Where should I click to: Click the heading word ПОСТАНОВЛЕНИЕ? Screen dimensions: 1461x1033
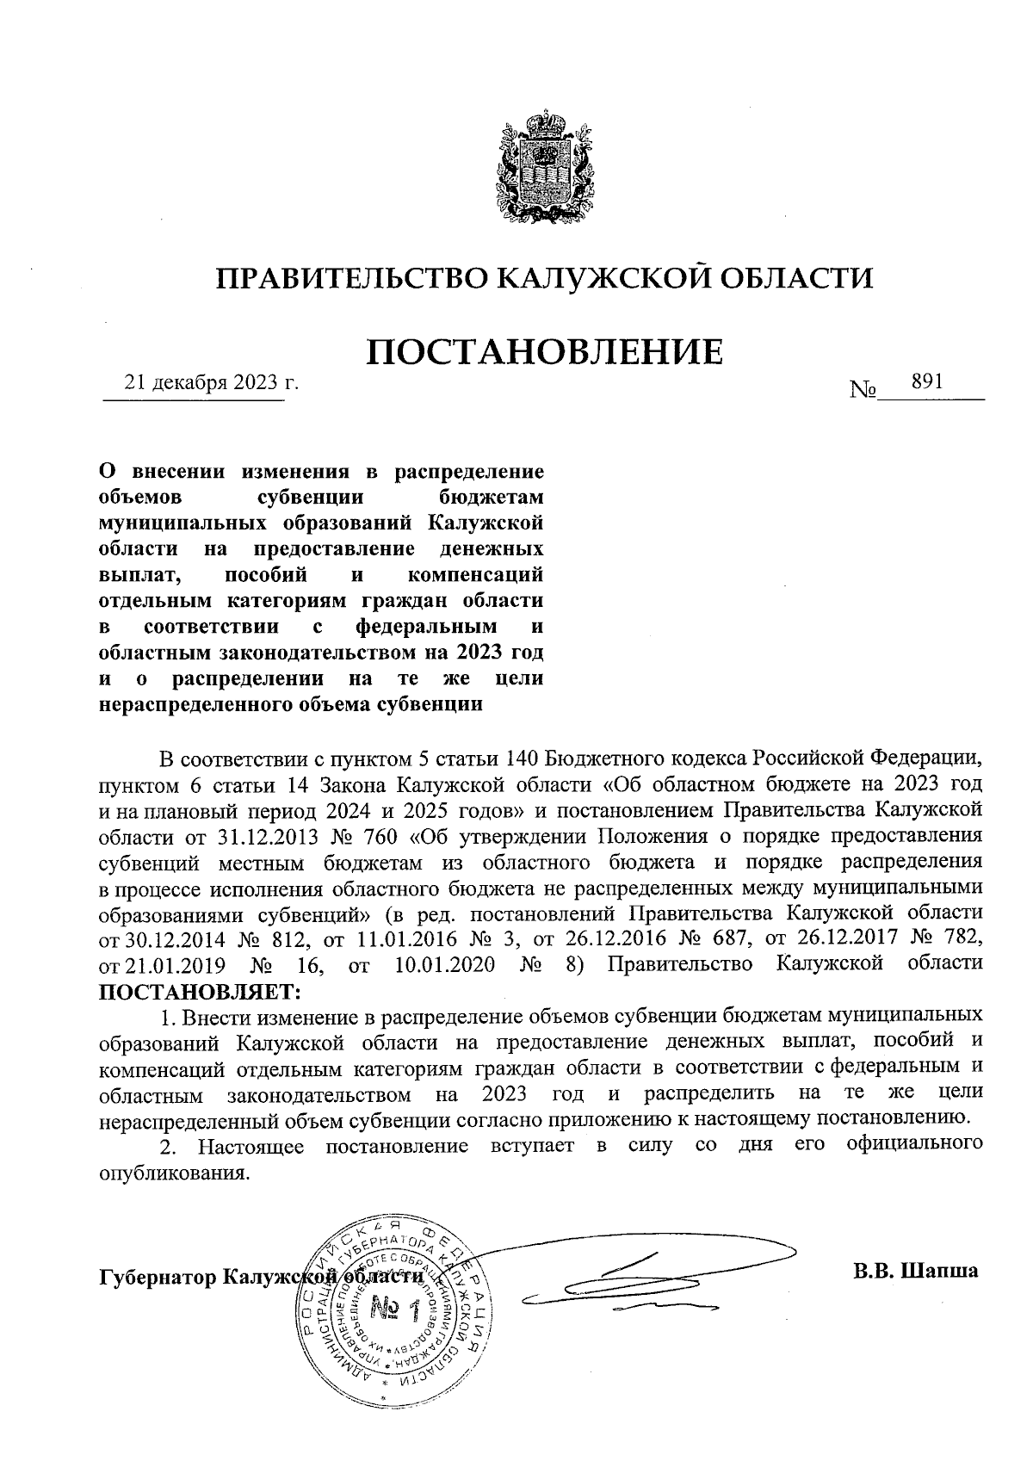544,352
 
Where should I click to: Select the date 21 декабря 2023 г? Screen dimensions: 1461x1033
212,383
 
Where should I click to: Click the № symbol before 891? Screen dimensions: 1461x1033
863,391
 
